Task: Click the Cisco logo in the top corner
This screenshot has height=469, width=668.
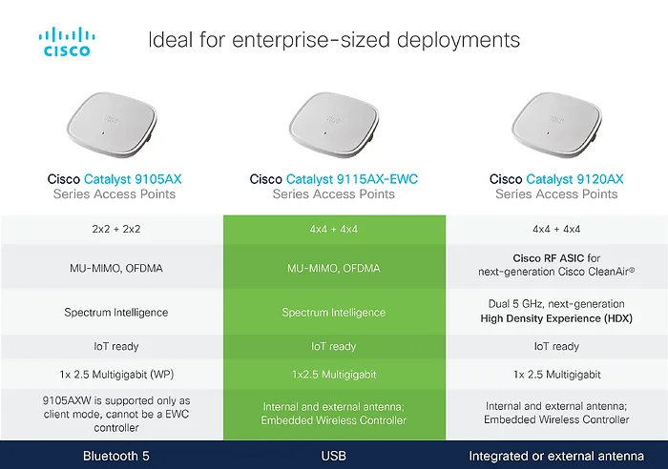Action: tap(66, 42)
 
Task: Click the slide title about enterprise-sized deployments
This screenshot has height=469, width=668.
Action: tap(334, 40)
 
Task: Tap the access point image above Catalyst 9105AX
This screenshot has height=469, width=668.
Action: tap(113, 122)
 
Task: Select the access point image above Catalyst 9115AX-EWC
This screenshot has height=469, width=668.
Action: tap(334, 122)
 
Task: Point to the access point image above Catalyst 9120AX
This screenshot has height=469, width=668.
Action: tap(556, 122)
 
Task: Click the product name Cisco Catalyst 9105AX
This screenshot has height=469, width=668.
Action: tap(113, 178)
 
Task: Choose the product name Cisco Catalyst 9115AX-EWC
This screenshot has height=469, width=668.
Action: tap(334, 178)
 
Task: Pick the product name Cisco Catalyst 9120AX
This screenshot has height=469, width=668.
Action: tap(556, 178)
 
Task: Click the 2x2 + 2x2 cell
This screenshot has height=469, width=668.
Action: tap(113, 230)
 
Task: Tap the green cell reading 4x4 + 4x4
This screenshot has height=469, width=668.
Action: tap(334, 230)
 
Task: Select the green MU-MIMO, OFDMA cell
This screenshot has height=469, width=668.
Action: tap(334, 269)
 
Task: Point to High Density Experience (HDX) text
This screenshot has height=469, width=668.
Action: tap(556, 318)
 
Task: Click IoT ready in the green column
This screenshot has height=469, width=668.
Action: tap(334, 347)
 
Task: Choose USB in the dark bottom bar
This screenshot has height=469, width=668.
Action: tap(334, 455)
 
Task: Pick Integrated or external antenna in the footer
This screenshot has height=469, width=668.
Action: tap(556, 455)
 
